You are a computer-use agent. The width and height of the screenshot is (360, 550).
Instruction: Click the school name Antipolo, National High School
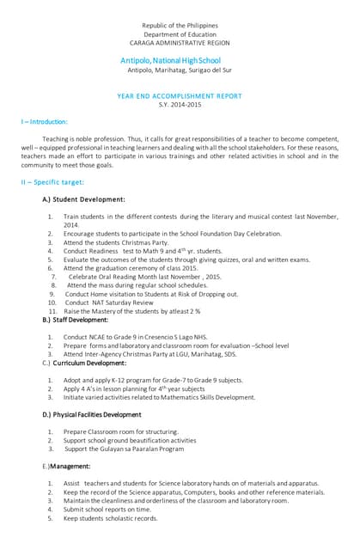point(171,60)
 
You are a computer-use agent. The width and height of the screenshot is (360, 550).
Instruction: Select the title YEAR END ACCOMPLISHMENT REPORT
point(180,95)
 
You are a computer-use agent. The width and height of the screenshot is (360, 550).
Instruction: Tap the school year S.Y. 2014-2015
point(180,104)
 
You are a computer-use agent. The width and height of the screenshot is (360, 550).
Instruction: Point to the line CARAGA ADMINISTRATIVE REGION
point(180,41)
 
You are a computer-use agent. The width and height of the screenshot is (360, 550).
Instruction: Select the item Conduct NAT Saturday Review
point(109,302)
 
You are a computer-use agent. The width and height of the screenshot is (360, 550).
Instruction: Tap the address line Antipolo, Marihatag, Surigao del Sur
point(180,70)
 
